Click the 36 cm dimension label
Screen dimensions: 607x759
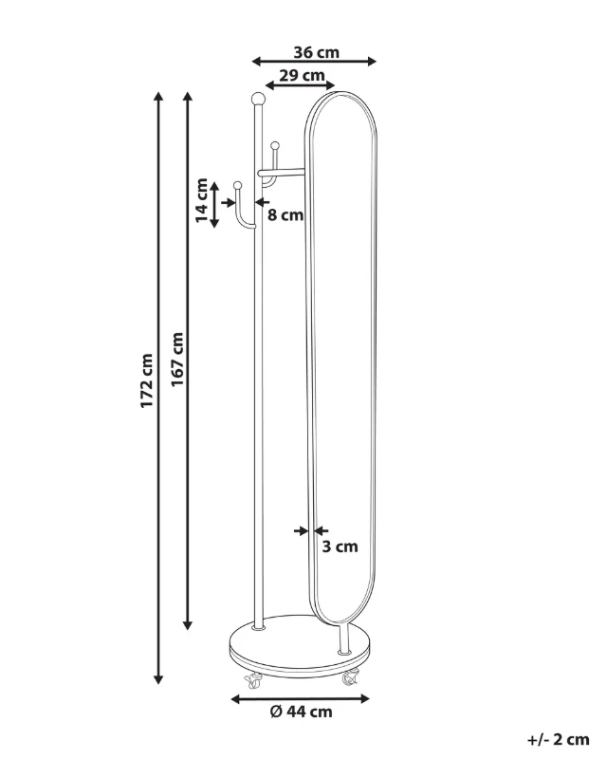316,52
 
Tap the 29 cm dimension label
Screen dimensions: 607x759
302,76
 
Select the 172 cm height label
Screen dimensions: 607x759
147,380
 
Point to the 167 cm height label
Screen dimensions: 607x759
177,360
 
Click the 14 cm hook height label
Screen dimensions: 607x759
201,200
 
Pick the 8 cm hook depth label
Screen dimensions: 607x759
285,214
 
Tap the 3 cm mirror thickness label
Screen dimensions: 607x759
340,546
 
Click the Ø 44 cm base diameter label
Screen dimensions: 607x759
301,712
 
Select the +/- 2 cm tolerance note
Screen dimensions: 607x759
558,740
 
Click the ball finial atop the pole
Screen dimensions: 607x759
258,99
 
